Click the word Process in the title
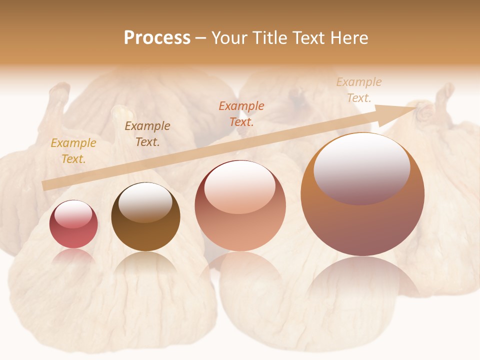pyautogui.click(x=157, y=38)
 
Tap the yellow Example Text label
pyautogui.click(x=73, y=151)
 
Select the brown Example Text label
pyautogui.click(x=147, y=134)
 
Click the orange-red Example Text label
pyautogui.click(x=241, y=113)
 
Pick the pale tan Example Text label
pyautogui.click(x=359, y=90)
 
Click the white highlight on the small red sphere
pyautogui.click(x=73, y=214)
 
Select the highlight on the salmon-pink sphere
pyautogui.click(x=240, y=187)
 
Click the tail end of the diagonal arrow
pyautogui.click(x=45, y=185)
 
